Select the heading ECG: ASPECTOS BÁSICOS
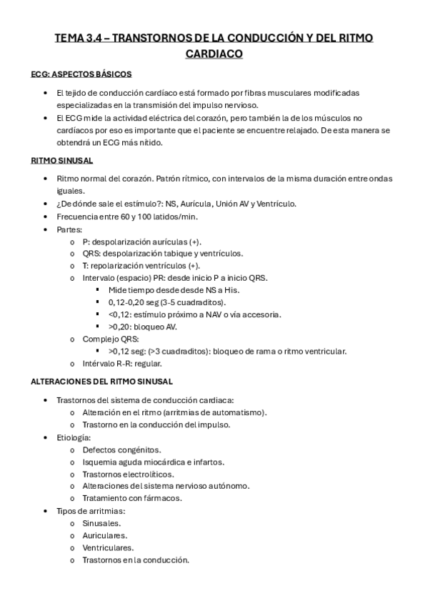(81, 74)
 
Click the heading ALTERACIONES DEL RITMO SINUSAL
(102, 382)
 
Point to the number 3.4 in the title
(92, 37)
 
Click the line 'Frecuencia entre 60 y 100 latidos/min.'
(127, 217)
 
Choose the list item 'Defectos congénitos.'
(121, 449)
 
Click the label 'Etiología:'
(73, 437)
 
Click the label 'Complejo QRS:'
(111, 339)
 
